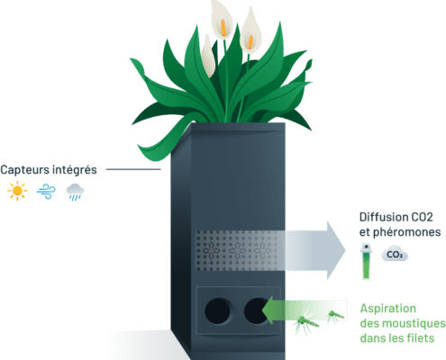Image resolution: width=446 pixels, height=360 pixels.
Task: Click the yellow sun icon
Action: [x=17, y=191]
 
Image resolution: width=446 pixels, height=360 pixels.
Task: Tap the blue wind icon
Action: [x=46, y=191]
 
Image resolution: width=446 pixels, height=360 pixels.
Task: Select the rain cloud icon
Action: [x=75, y=192]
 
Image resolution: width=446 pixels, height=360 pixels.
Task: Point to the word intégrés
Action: [x=73, y=170]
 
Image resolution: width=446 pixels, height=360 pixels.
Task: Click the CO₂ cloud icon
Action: [x=395, y=255]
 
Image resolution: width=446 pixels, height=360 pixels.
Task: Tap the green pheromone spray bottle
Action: [x=366, y=261]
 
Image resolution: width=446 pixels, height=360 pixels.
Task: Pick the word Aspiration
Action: [x=388, y=309]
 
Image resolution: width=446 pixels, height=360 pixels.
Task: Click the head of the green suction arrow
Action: [x=268, y=310]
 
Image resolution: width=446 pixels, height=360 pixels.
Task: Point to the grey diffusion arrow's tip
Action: [x=345, y=250]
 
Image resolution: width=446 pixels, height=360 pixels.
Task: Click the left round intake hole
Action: [x=218, y=311]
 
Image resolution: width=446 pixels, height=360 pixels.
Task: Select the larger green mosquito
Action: [x=306, y=323]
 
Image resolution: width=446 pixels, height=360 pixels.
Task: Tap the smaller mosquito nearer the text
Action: [x=335, y=316]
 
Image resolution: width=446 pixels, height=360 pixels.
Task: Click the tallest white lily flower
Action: [x=222, y=20]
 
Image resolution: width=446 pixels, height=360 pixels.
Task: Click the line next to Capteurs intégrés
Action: [x=133, y=169]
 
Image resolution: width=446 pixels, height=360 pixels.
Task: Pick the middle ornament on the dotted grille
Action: [x=237, y=250]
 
